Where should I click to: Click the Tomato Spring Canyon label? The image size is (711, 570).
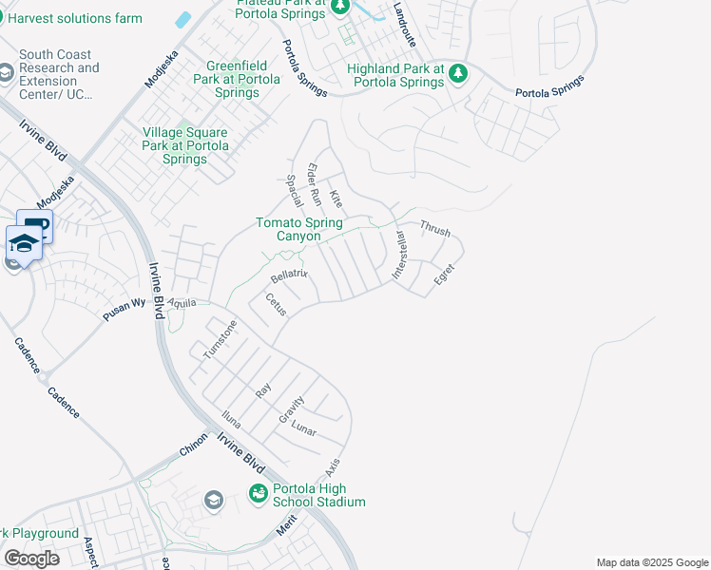click(x=298, y=229)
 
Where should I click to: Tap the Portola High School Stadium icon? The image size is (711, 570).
click(x=258, y=493)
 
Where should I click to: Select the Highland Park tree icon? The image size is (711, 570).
click(x=458, y=72)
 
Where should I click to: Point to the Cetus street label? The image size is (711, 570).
click(x=276, y=304)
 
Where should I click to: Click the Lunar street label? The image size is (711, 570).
click(x=303, y=428)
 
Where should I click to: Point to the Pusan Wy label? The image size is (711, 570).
click(x=123, y=311)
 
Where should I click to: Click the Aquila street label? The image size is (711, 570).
click(x=182, y=303)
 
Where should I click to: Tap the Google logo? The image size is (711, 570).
click(x=31, y=558)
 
